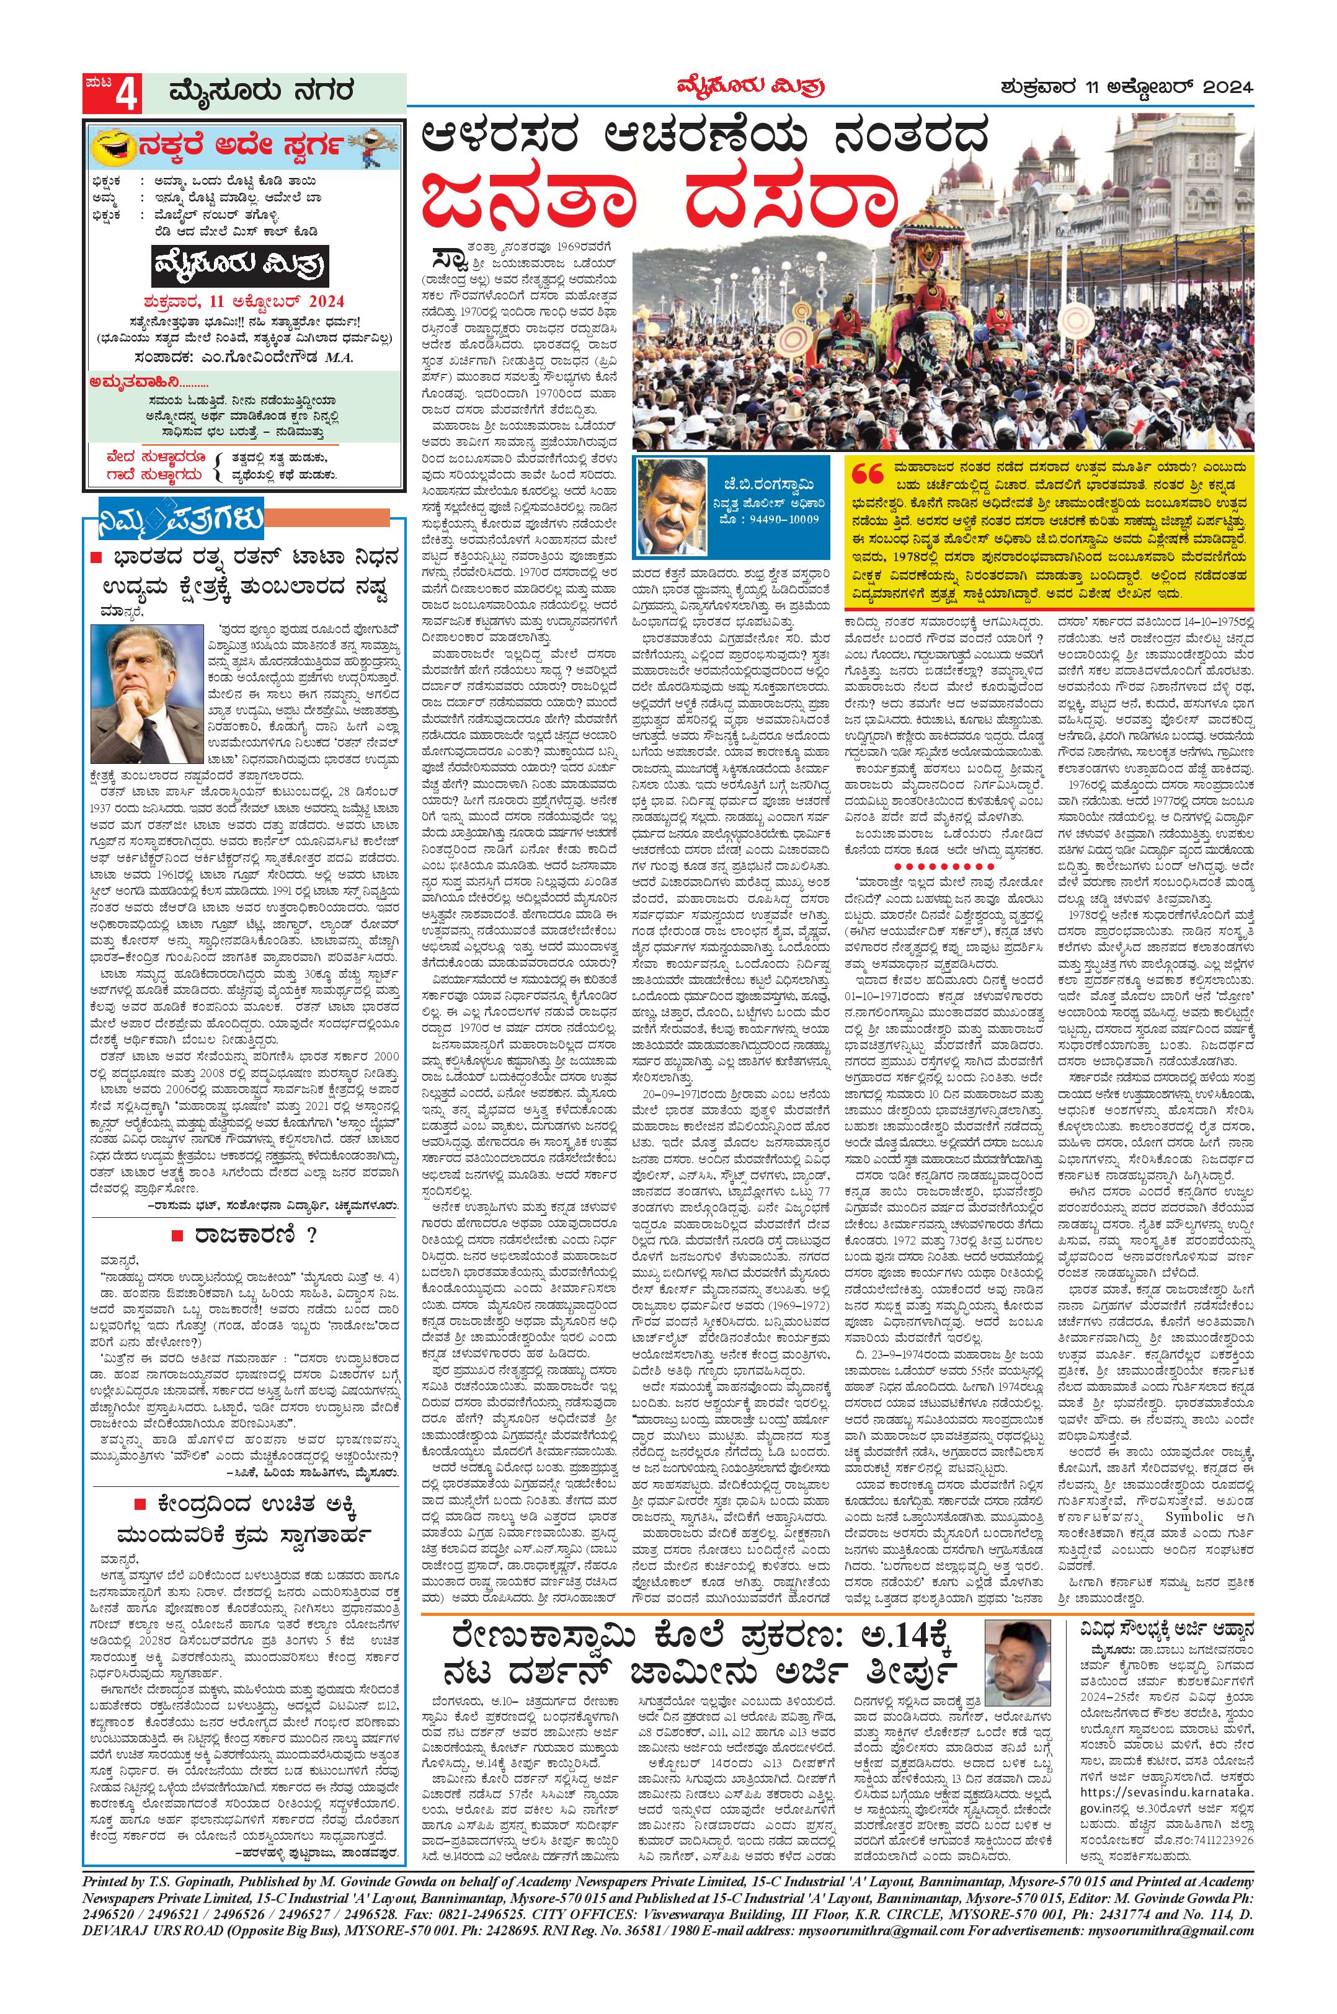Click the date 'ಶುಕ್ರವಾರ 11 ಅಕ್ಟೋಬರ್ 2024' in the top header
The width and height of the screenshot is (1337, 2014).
click(x=1126, y=86)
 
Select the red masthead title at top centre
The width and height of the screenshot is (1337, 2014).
click(x=751, y=86)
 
